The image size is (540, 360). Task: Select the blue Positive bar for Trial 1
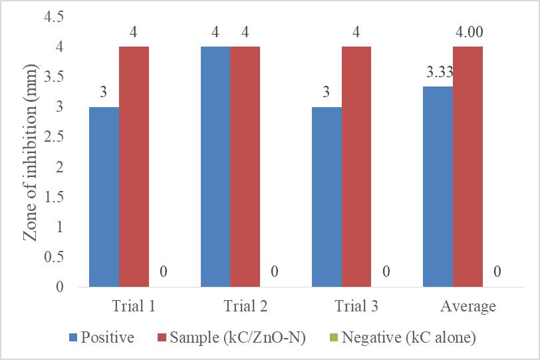coord(104,197)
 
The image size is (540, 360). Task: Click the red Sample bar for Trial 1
coord(134,166)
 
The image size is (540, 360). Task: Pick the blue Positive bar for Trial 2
coord(215,166)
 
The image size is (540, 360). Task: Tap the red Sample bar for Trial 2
coord(245,166)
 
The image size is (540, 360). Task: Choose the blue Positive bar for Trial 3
coord(327,197)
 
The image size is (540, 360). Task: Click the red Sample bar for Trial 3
coord(356,166)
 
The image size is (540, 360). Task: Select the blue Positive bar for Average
coord(438,186)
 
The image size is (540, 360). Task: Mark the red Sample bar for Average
coord(468,166)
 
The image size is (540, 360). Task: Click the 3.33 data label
coord(440,73)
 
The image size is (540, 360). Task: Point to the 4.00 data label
coord(470,32)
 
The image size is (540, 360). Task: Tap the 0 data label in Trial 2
coord(275,271)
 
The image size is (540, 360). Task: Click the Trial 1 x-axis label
coord(134,306)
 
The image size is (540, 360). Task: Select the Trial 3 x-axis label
coord(356,306)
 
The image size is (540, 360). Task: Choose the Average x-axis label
coord(468,306)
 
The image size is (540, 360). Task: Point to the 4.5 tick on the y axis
coord(54,17)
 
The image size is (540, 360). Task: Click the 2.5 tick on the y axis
coord(54,137)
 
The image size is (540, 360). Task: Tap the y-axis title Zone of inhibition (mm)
coord(30,152)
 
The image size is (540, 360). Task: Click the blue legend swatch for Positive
coord(73,337)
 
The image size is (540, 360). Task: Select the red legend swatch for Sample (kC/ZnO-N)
coord(162,337)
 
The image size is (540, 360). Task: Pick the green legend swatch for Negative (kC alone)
coord(334,337)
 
